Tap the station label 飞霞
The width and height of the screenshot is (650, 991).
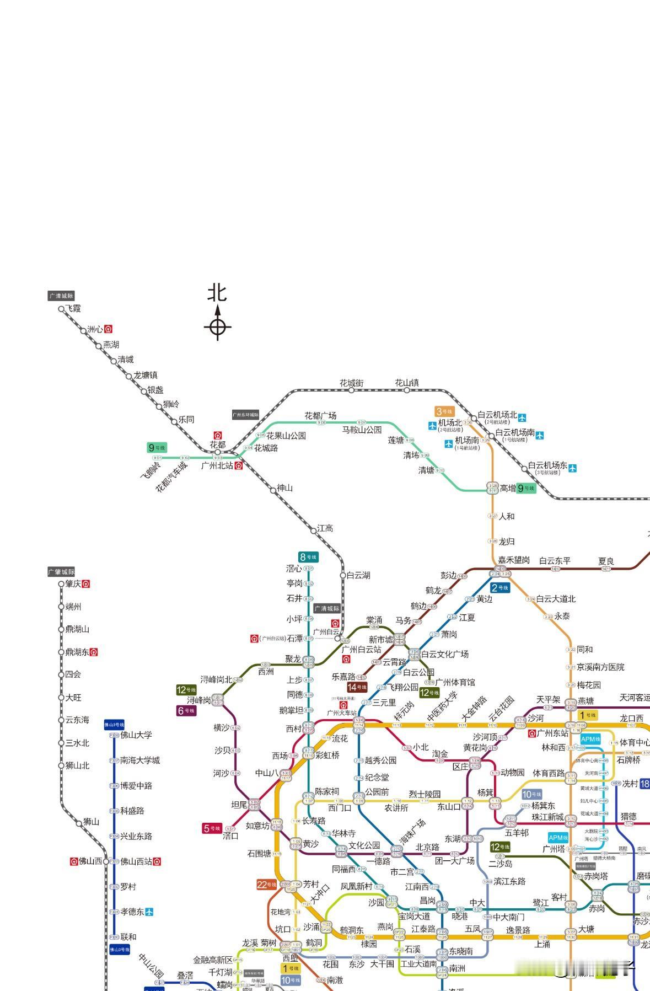(73, 308)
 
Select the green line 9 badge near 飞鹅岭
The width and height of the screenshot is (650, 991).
(157, 448)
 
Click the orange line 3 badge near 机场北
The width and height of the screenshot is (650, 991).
(444, 411)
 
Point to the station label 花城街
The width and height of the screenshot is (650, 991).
(351, 383)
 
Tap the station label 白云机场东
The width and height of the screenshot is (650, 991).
(547, 465)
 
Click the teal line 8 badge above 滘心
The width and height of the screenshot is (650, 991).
(308, 557)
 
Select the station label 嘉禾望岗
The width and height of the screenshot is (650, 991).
(514, 560)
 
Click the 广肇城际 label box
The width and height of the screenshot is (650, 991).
(61, 572)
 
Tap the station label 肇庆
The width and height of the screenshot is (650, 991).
(73, 584)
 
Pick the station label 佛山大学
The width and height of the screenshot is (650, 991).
(136, 735)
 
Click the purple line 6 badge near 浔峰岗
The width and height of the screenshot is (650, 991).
(186, 711)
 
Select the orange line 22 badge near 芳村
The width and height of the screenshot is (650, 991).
(266, 885)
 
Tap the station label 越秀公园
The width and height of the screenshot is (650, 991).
(380, 760)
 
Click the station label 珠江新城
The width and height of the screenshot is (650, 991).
(547, 817)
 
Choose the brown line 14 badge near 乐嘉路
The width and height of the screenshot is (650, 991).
(357, 687)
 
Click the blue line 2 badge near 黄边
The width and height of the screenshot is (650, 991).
(500, 588)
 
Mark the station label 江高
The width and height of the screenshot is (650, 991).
(325, 528)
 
